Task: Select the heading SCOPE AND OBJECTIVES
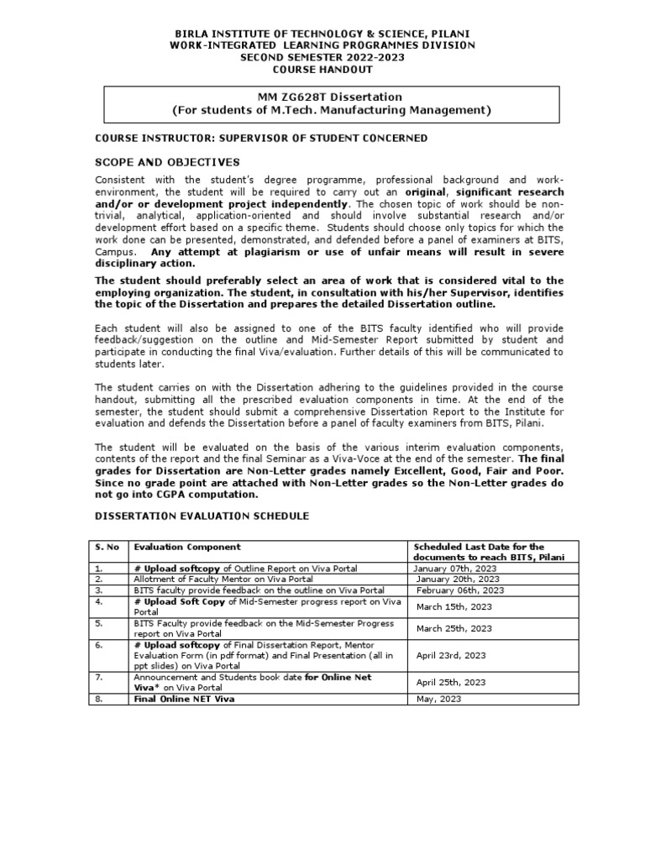point(167,162)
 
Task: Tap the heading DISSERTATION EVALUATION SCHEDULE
point(202,515)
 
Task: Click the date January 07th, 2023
point(454,568)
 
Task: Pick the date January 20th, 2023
point(454,579)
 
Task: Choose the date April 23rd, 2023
point(451,655)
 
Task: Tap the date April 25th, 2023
point(451,683)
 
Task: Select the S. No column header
point(106,547)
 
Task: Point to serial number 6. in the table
point(99,644)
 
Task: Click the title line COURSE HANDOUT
point(322,70)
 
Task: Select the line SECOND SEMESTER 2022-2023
point(322,57)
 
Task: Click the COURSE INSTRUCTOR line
point(260,138)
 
